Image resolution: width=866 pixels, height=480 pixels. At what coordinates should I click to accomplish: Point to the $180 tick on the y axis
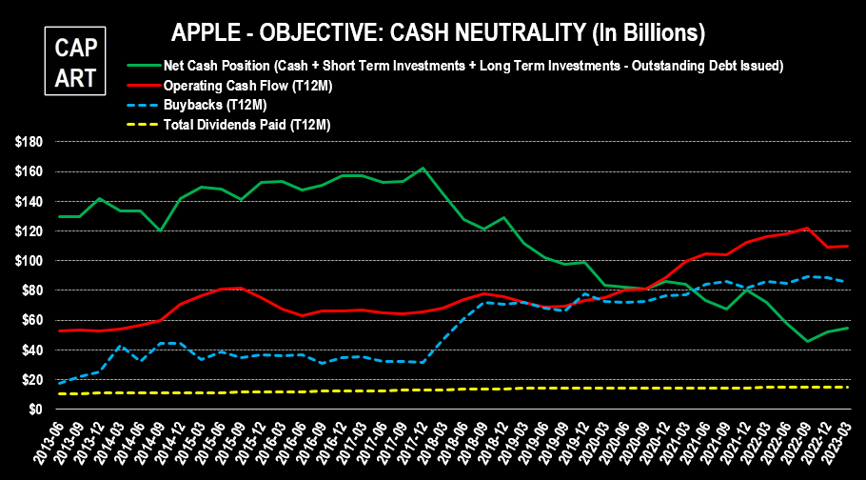[30, 142]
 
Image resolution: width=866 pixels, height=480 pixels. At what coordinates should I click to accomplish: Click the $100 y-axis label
[30, 261]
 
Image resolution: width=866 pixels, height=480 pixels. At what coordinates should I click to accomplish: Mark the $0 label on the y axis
[36, 410]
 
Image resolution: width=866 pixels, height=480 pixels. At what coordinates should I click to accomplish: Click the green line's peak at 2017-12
[423, 169]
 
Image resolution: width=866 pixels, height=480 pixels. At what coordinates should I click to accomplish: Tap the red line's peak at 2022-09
[807, 229]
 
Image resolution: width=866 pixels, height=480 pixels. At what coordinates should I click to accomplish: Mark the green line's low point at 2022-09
[807, 341]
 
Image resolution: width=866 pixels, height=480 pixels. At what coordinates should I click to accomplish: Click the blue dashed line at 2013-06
[60, 383]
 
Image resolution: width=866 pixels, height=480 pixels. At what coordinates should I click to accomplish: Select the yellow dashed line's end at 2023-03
[848, 387]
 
